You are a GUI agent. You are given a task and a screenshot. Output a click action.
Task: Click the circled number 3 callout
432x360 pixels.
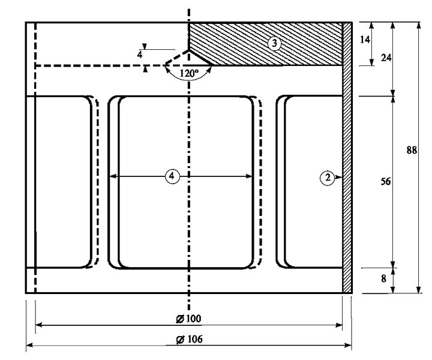[274, 43]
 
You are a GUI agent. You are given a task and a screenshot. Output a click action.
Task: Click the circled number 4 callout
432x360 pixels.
[172, 176]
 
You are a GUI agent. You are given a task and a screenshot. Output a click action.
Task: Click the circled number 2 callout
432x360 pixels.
[327, 178]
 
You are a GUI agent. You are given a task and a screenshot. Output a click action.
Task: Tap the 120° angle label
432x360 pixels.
[189, 74]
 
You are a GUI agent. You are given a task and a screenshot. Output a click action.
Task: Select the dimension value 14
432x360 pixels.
[365, 40]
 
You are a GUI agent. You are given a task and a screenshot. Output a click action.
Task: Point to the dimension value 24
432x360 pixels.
[386, 58]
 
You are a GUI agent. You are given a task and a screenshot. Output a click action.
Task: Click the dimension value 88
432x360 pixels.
[412, 151]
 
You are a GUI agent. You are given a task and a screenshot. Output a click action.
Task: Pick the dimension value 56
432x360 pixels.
[385, 182]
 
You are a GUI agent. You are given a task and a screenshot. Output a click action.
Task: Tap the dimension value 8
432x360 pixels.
[383, 279]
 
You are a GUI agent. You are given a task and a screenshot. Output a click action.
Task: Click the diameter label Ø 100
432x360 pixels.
[189, 319]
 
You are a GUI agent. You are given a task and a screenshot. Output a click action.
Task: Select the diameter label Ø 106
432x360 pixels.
[189, 340]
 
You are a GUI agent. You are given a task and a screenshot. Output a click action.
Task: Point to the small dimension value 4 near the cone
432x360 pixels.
[140, 55]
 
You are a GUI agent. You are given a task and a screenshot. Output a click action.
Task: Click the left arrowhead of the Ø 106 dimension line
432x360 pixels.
[29, 345]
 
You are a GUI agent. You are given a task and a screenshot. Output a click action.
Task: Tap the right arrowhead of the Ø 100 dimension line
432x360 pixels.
[339, 325]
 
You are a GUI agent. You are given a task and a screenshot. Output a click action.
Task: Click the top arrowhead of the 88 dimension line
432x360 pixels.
[419, 25]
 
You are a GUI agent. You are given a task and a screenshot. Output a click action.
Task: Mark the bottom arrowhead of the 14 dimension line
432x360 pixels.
[371, 62]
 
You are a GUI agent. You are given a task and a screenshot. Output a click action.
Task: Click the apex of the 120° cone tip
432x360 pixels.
[189, 50]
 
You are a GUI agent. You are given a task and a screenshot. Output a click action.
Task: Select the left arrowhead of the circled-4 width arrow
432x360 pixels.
[113, 176]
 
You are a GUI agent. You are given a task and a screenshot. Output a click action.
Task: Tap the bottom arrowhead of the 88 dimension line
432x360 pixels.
[419, 290]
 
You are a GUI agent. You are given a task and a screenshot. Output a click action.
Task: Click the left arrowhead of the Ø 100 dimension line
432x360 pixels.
[39, 325]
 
